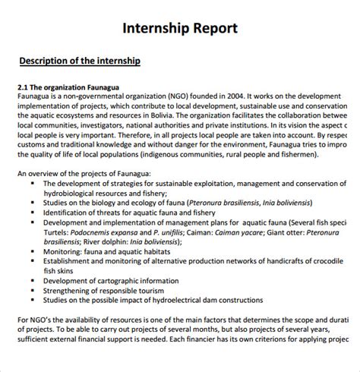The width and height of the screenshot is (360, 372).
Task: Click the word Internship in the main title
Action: pos(157,29)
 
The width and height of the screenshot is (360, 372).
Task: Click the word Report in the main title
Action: pos(215,29)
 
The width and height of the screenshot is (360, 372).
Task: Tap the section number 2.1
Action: pos(24,87)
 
